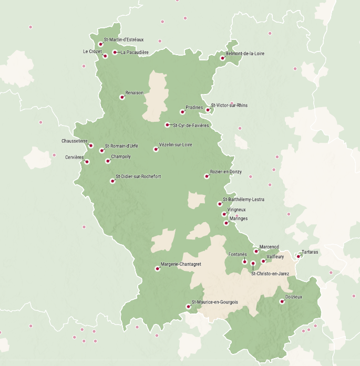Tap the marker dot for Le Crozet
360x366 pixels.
point(105,56)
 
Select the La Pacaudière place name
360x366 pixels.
point(135,53)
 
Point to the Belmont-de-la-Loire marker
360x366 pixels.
point(222,58)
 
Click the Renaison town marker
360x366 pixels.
point(122,97)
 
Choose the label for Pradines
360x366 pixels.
point(194,107)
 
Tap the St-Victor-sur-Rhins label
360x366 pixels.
point(229,106)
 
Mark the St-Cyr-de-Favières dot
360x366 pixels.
point(167,125)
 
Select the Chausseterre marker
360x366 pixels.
point(91,145)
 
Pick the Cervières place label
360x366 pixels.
point(75,157)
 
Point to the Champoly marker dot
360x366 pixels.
point(107,161)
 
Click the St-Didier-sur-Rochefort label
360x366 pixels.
point(138,177)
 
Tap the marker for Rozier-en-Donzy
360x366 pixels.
point(207,176)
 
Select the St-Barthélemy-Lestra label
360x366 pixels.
point(244,200)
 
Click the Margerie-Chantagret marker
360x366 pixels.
point(157,269)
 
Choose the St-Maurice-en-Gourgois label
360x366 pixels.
point(215,302)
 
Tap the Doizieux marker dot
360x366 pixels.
point(282,301)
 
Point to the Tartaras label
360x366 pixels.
point(310,252)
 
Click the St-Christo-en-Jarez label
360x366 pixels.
point(270,274)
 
